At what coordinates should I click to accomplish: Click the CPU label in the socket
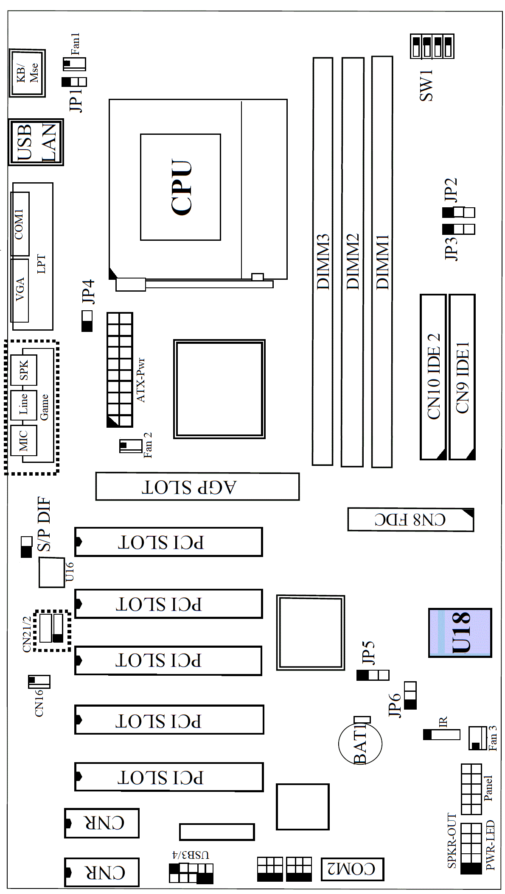tap(182, 187)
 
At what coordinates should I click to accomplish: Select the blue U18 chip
tap(460, 632)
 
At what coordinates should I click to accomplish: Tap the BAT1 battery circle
tap(360, 743)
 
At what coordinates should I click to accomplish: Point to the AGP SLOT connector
tap(197, 487)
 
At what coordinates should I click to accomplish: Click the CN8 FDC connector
tap(410, 519)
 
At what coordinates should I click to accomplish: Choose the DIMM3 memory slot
tap(323, 261)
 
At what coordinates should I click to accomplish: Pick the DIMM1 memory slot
tap(382, 262)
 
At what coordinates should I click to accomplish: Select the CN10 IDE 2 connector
tap(433, 377)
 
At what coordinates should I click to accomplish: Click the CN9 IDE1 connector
tap(462, 377)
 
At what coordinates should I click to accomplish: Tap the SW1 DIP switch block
tap(432, 46)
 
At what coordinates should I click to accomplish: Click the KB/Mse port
tap(27, 73)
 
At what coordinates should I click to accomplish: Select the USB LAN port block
tap(36, 142)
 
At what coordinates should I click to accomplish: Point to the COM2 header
tap(352, 869)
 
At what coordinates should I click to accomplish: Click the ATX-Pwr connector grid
tap(120, 370)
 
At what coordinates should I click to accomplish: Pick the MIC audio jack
tap(24, 440)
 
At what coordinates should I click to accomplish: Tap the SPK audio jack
tap(24, 370)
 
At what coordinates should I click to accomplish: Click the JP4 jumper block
tap(87, 321)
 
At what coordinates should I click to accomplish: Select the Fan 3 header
tap(477, 738)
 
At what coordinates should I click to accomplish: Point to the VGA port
tap(20, 290)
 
